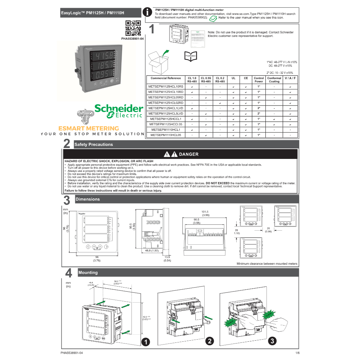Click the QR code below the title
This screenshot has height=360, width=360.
pyautogui.click(x=133, y=28)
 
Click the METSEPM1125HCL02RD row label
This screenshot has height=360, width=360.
pyautogui.click(x=166, y=103)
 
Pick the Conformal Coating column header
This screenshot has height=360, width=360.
pyautogui.click(x=274, y=80)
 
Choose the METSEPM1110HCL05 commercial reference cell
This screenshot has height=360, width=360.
pyautogui.click(x=166, y=135)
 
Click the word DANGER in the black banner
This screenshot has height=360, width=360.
pyautogui.click(x=188, y=154)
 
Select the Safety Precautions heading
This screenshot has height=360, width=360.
pyautogui.click(x=94, y=144)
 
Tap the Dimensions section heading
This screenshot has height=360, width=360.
pyautogui.click(x=88, y=199)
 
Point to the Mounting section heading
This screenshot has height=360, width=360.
pyautogui.click(x=88, y=273)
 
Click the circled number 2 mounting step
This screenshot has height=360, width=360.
pyautogui.click(x=210, y=341)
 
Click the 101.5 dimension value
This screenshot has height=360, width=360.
pyautogui.click(x=205, y=212)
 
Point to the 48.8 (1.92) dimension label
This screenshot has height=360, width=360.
pyautogui.click(x=152, y=251)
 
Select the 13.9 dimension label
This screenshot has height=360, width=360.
pyautogui.click(x=167, y=257)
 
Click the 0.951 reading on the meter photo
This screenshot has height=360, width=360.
pyautogui.click(x=101, y=75)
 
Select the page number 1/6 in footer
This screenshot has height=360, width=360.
pyautogui.click(x=297, y=353)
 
